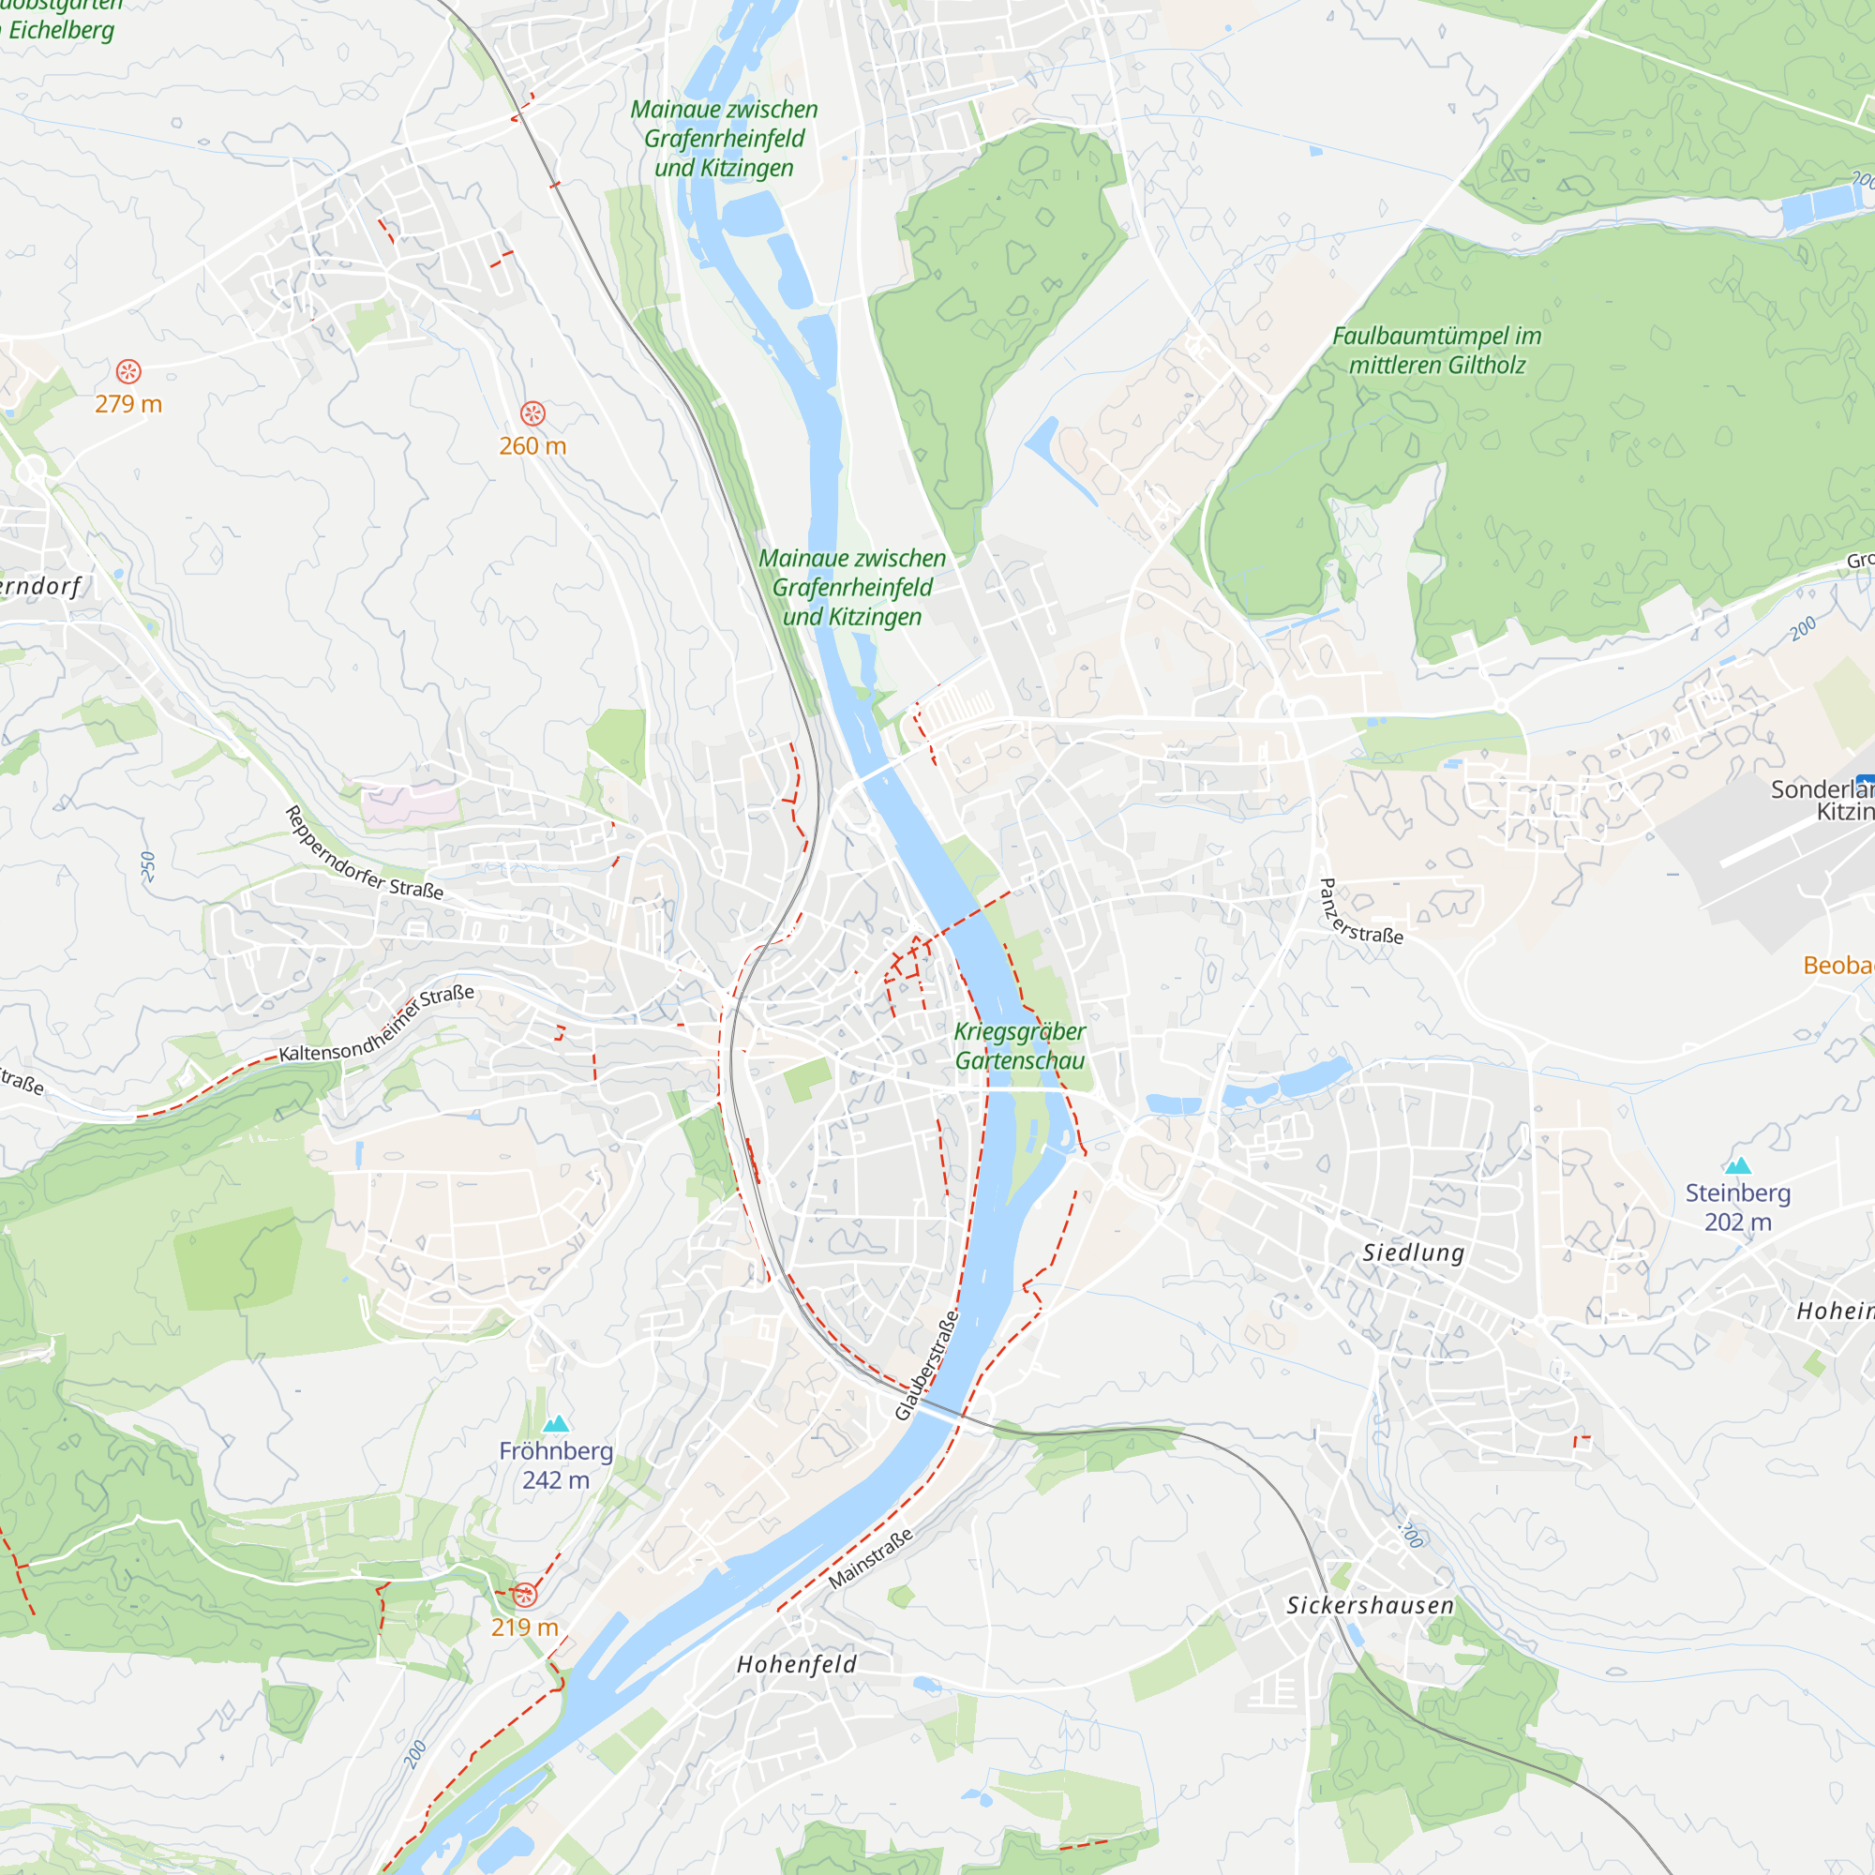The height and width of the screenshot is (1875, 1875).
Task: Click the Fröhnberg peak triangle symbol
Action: (555, 1424)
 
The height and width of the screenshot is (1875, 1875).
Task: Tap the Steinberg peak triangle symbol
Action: (1737, 1165)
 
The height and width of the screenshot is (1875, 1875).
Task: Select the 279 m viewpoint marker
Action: (129, 371)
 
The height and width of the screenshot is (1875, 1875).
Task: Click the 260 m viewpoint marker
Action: (532, 413)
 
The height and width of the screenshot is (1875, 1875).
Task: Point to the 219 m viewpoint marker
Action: (525, 1595)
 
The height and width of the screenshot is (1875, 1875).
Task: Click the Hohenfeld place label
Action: (797, 1664)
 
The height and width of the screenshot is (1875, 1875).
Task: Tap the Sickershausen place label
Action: (1371, 1605)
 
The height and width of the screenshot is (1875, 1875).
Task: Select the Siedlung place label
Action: (1413, 1252)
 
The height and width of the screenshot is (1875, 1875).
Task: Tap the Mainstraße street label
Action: (871, 1560)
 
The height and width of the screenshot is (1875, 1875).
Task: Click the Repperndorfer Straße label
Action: (363, 853)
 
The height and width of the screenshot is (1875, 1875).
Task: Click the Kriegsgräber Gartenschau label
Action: (1019, 1046)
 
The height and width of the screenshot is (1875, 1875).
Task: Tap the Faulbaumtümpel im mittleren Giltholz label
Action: (1436, 351)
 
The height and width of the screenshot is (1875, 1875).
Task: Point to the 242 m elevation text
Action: (555, 1480)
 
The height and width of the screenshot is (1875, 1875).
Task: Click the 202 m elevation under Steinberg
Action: (1737, 1222)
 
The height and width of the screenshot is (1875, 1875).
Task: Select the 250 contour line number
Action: (147, 865)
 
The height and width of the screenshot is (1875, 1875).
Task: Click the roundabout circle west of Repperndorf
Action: (32, 472)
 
